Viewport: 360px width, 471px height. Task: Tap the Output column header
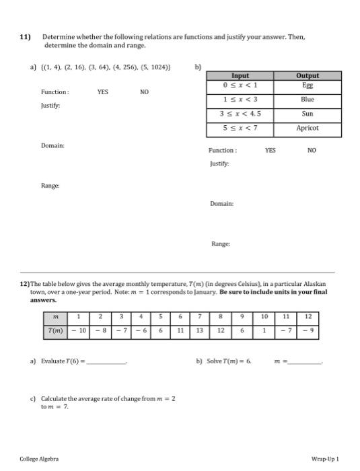click(307, 76)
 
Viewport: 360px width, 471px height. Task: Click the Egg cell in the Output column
click(307, 85)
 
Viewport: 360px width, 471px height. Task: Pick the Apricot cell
click(307, 127)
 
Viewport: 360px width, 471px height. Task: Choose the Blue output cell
click(307, 99)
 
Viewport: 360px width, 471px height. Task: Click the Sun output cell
click(307, 113)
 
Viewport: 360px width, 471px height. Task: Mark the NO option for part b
click(311, 151)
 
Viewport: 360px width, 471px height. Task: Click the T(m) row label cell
click(55, 330)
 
